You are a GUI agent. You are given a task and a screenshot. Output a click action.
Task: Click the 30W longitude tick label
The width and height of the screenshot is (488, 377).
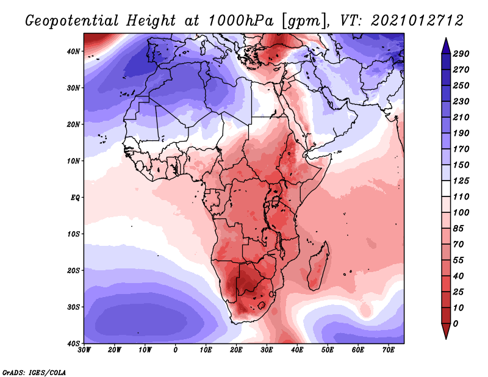coord(85,350)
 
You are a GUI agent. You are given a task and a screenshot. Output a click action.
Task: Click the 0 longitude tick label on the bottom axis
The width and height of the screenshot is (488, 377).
coord(176,350)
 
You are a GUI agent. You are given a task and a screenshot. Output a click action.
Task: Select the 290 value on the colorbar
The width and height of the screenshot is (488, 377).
coord(461,54)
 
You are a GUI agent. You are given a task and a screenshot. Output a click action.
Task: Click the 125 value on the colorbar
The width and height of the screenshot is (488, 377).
coord(461,181)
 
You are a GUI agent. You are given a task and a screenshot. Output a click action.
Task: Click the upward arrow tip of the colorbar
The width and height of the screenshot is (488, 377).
coord(446,38)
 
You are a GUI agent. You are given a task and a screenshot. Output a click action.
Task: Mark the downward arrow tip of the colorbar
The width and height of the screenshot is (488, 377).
coord(446,337)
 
